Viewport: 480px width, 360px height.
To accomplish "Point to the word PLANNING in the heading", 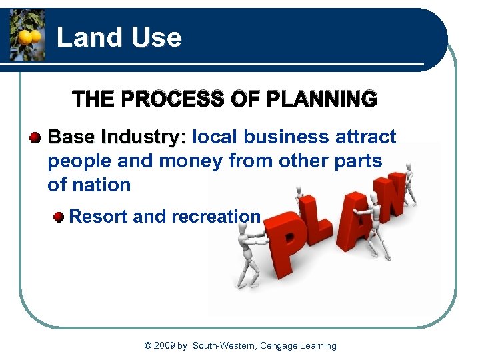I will click(x=321, y=100).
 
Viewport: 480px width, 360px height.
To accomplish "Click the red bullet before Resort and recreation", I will click(x=59, y=217).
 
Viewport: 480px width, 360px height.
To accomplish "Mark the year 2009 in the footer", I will click(x=163, y=345).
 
